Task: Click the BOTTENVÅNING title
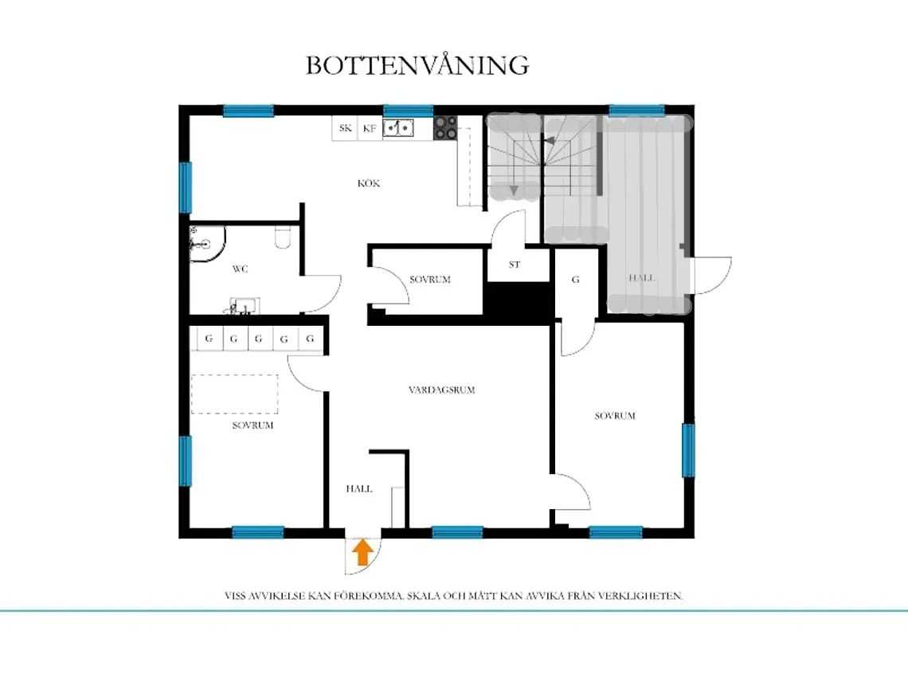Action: (x=417, y=65)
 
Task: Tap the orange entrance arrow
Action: (x=362, y=552)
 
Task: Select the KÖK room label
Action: (x=369, y=183)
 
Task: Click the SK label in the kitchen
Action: (x=345, y=127)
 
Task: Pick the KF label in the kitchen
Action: (x=370, y=127)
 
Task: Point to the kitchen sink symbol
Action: (x=398, y=127)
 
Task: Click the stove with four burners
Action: (x=445, y=128)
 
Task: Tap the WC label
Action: (x=240, y=269)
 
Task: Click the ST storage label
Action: (x=515, y=265)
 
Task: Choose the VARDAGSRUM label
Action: (x=441, y=390)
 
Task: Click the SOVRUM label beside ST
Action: (x=430, y=280)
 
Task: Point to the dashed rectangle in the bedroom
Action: (x=234, y=393)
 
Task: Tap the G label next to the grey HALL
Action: (x=576, y=280)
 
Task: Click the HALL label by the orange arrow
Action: (x=358, y=488)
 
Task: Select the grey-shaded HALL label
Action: (x=642, y=278)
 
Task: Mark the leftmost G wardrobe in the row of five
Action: (x=209, y=339)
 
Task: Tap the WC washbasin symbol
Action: (x=244, y=305)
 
